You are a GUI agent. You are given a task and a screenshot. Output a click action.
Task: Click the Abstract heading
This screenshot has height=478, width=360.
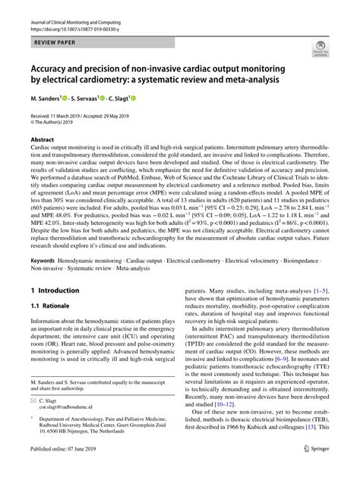[x=42, y=141]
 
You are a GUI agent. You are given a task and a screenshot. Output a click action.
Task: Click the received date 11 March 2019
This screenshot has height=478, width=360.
[x=74, y=114]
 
